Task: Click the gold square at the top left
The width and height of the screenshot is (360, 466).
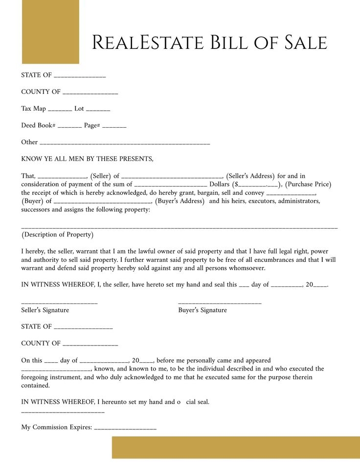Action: click(50, 32)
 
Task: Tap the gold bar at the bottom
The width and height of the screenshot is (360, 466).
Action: click(236, 447)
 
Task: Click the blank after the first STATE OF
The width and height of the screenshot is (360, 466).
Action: click(80, 76)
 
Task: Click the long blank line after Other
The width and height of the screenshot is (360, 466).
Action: click(124, 143)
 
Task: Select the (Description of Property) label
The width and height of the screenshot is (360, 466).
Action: click(58, 234)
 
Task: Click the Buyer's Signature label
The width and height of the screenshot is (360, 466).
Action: click(202, 310)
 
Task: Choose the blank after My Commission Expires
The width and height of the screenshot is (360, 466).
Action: click(125, 429)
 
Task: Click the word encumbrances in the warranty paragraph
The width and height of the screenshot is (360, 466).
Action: click(269, 260)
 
